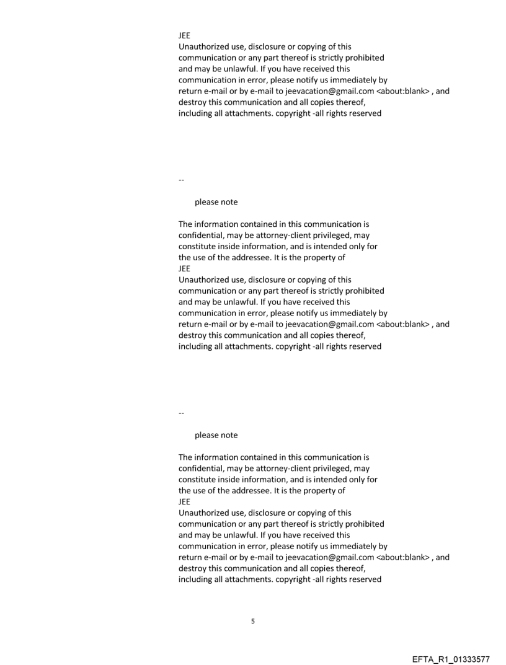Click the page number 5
click(x=252, y=620)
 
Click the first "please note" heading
click(x=216, y=202)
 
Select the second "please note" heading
click(x=216, y=435)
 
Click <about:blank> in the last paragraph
click(x=403, y=557)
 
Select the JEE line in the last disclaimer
click(x=184, y=501)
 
